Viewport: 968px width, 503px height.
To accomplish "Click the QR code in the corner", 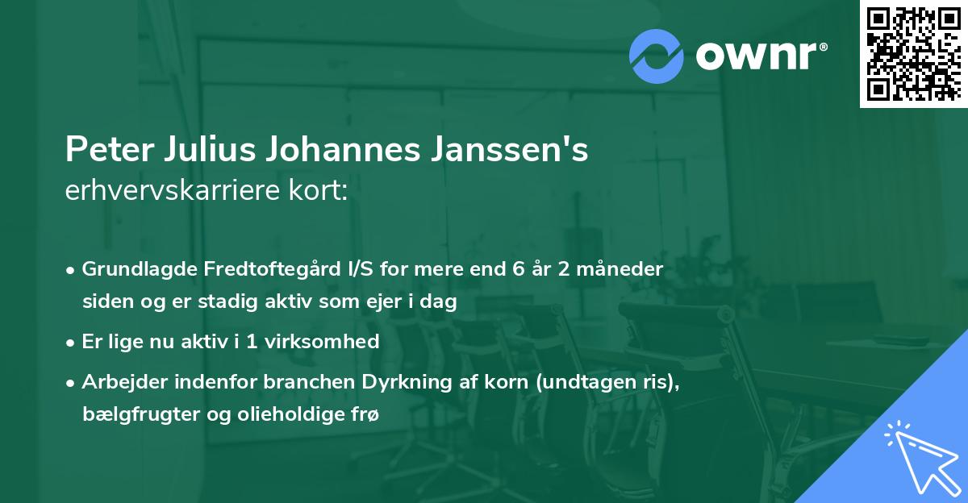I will [x=913, y=54].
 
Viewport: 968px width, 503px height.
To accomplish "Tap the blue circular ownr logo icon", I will [x=657, y=55].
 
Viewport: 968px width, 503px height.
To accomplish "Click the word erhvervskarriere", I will [x=175, y=191].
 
